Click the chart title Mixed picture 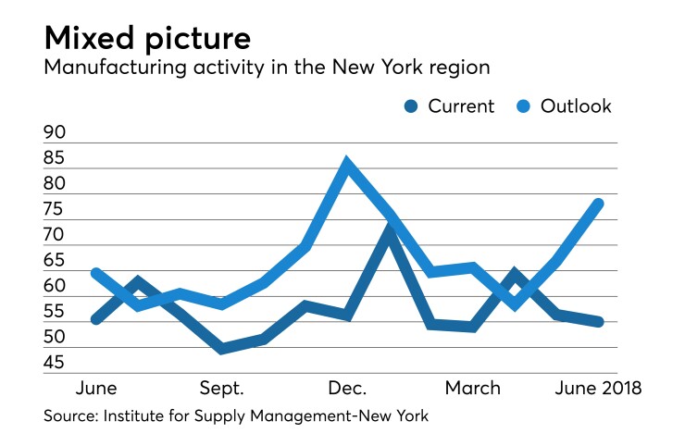coord(147,39)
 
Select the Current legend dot coord(410,107)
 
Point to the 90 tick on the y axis coord(55,132)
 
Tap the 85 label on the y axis coord(55,158)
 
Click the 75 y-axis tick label coord(55,209)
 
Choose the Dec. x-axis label coord(347,388)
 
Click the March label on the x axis coord(472,388)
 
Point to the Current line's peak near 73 coord(390,229)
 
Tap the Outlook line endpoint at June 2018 coord(599,204)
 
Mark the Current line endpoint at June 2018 coord(599,322)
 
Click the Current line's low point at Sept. coord(221,349)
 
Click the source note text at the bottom coord(236,417)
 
